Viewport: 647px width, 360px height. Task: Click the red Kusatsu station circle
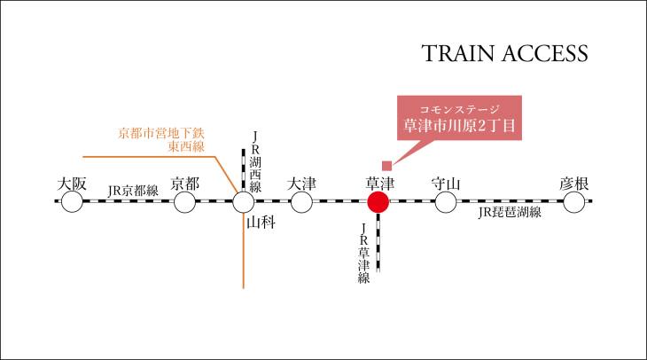pos(378,202)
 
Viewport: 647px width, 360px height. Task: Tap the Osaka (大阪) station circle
pos(72,202)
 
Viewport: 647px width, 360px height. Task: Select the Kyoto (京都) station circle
pos(184,202)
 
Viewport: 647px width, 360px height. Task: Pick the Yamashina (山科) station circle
pos(244,202)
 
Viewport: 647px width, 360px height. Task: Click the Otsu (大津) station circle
pos(301,202)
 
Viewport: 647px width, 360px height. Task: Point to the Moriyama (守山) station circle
pos(446,202)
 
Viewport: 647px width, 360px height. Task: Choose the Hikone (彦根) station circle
pos(574,202)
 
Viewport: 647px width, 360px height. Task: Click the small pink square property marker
pos(386,166)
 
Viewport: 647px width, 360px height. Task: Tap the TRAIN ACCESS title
pos(504,53)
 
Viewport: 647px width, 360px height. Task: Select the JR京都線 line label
pos(133,191)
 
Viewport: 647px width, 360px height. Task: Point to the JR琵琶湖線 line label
pos(510,212)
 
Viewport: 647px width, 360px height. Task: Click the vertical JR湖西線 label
pos(255,162)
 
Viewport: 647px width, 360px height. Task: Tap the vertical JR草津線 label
pos(363,253)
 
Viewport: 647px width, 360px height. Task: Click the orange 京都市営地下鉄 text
pos(161,133)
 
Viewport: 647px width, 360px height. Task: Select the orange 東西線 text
pos(186,146)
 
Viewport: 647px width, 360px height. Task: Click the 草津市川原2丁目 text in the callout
pos(460,126)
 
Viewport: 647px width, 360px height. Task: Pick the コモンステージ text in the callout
pos(460,109)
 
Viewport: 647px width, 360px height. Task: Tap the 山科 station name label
pos(261,223)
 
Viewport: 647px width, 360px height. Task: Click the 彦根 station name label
pos(574,184)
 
